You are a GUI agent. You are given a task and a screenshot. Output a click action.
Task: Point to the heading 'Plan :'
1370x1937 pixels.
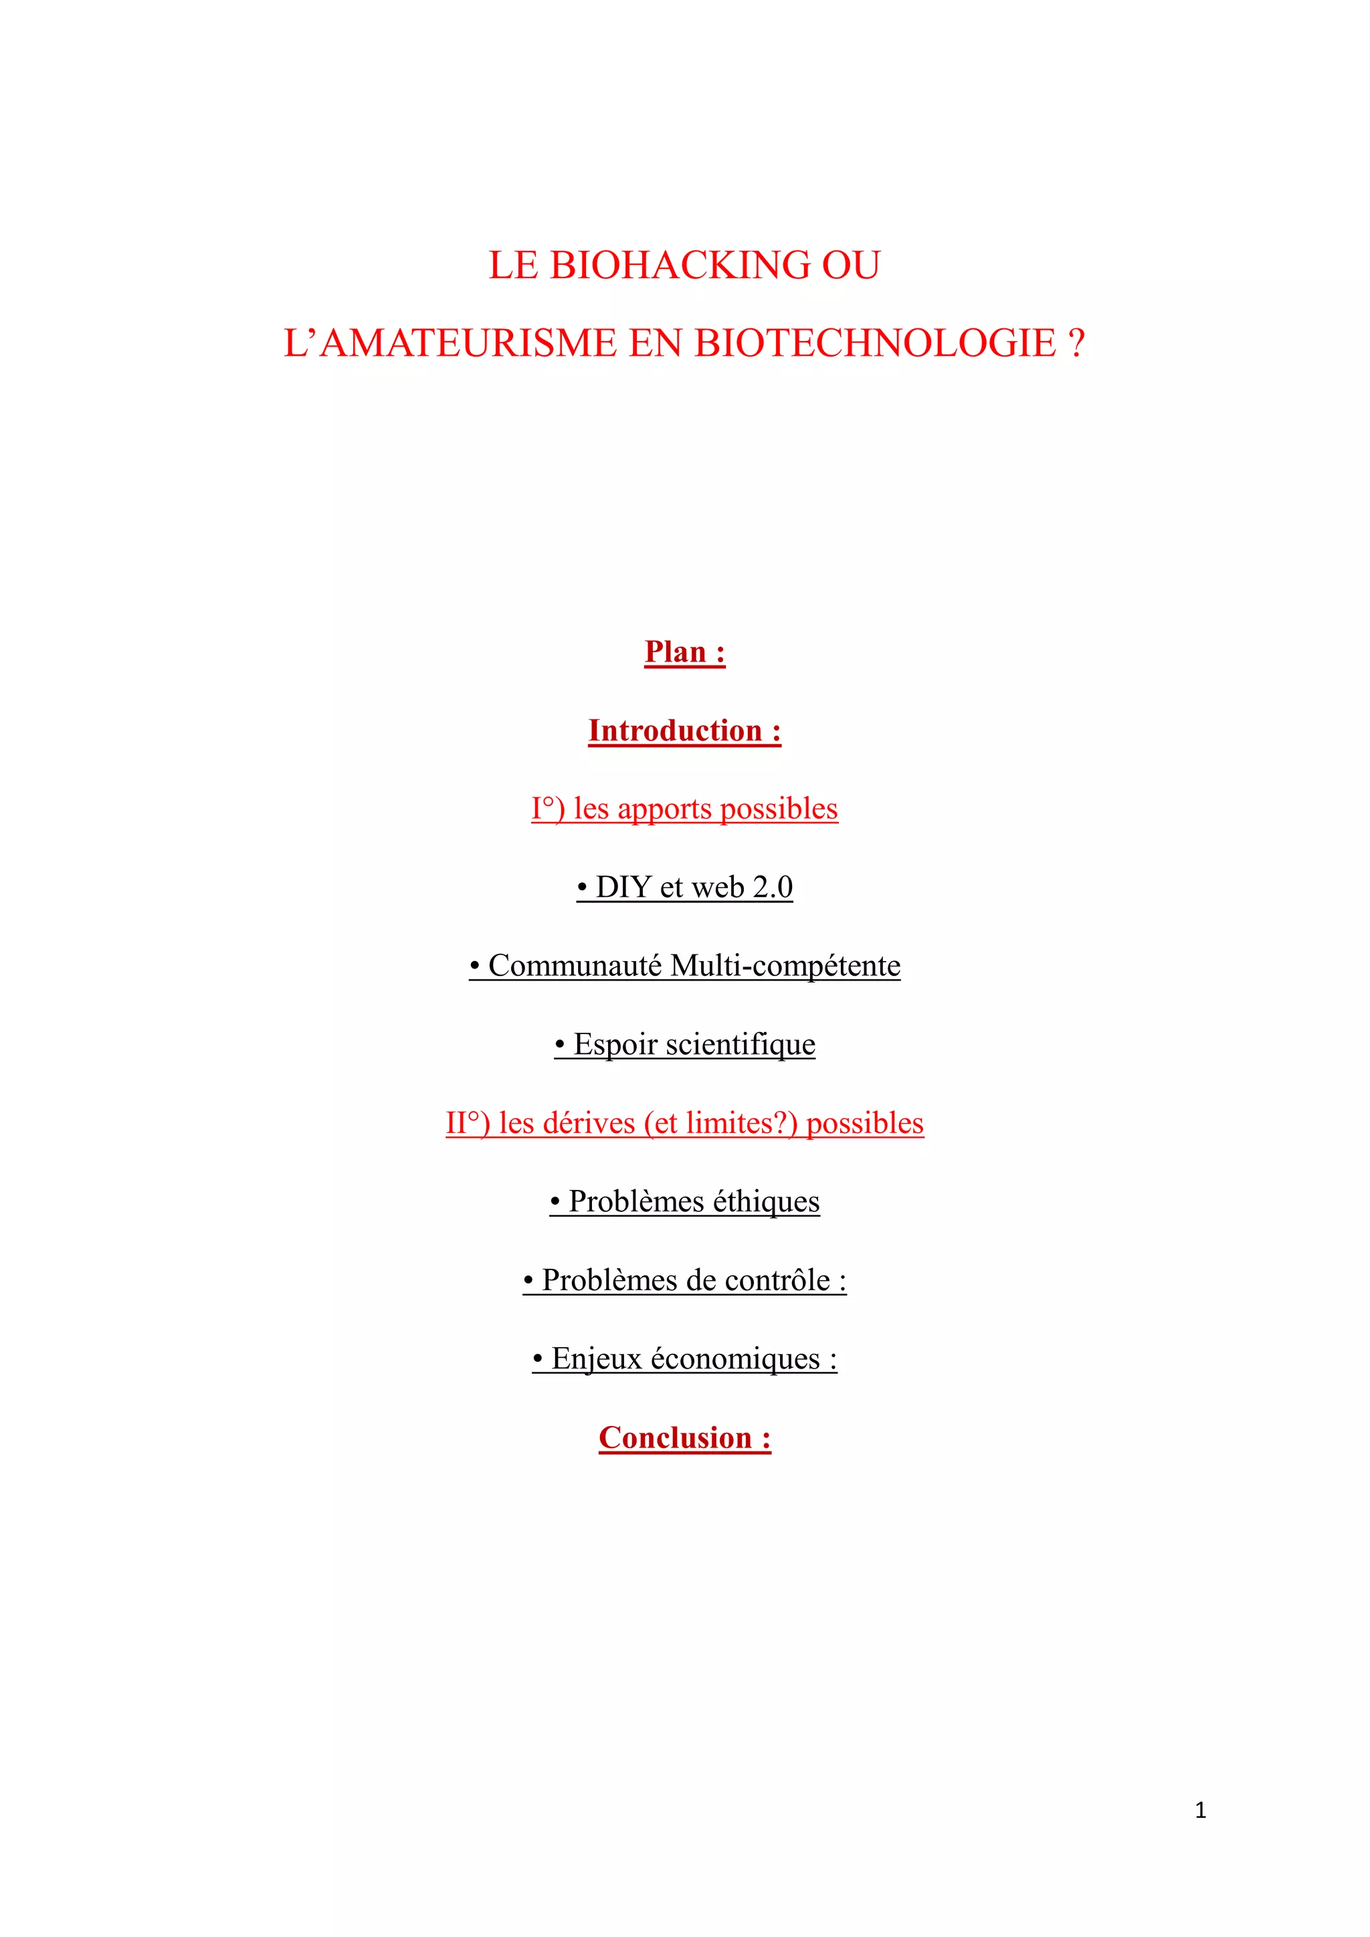point(684,652)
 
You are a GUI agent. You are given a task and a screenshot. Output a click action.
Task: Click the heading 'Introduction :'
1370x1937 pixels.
point(684,730)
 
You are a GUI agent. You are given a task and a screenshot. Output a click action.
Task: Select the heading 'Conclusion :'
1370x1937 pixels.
point(684,1437)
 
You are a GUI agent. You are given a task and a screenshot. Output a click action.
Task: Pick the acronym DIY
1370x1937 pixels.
point(623,888)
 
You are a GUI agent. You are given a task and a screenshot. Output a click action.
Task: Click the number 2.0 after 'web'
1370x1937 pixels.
point(773,888)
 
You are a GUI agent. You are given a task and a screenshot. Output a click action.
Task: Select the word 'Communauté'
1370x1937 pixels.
point(575,966)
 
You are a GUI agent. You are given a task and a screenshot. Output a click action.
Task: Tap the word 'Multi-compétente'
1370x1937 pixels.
point(785,966)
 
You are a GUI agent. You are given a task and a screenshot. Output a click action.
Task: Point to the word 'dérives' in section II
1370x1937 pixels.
point(589,1124)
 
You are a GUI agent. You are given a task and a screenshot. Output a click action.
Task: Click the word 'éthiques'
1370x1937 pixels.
point(766,1202)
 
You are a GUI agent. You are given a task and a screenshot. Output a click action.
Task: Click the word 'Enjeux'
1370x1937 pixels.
point(597,1359)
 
